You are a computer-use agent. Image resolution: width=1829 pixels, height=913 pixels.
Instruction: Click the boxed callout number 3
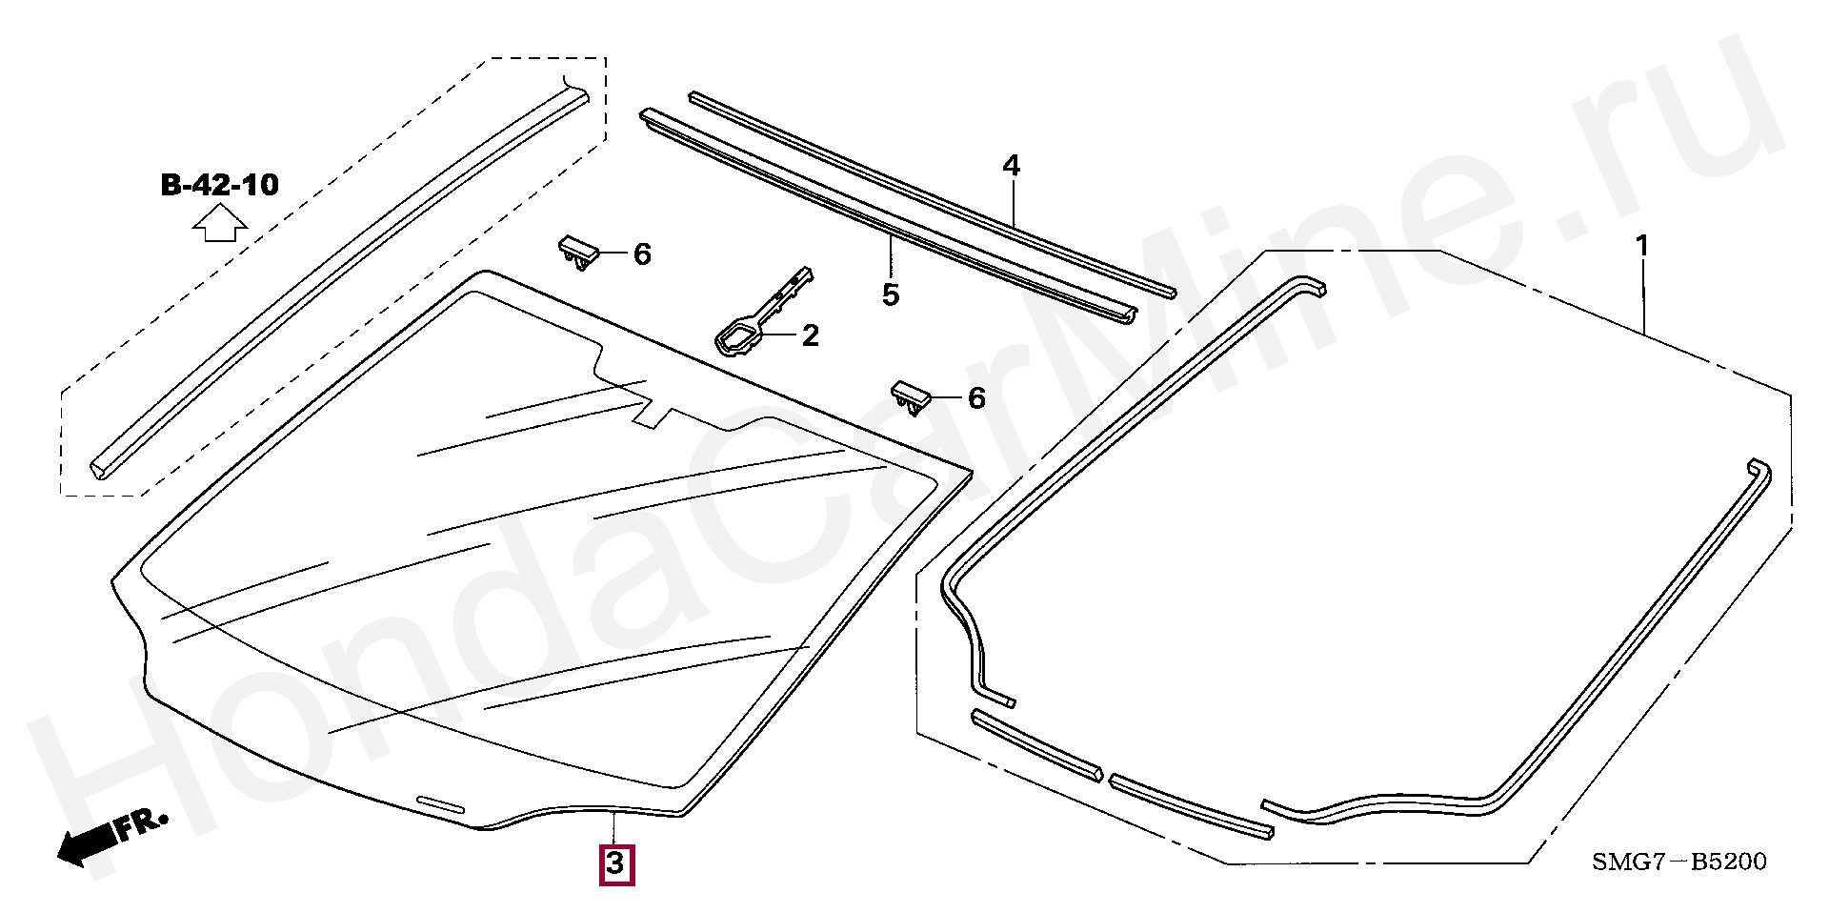615,863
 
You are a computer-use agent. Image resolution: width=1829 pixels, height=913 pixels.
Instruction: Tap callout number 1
1641,247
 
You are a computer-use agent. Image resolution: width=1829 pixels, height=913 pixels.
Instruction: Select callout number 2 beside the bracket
810,335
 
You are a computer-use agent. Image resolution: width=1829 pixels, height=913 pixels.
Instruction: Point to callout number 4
1011,167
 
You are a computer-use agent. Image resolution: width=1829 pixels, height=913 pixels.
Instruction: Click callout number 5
891,295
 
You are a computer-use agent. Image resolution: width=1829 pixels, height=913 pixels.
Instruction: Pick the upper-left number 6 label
642,254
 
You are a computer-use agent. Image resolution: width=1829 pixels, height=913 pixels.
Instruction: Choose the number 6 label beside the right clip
976,398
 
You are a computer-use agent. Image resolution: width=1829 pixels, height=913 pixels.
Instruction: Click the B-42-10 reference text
220,184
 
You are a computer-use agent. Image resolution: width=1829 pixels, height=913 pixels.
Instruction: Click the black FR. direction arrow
90,842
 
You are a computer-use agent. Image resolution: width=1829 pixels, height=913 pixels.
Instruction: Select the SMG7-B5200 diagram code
1678,862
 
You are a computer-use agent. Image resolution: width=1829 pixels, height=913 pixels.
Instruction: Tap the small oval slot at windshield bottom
440,804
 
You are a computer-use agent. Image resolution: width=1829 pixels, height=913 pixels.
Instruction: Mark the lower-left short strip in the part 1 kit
1036,744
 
